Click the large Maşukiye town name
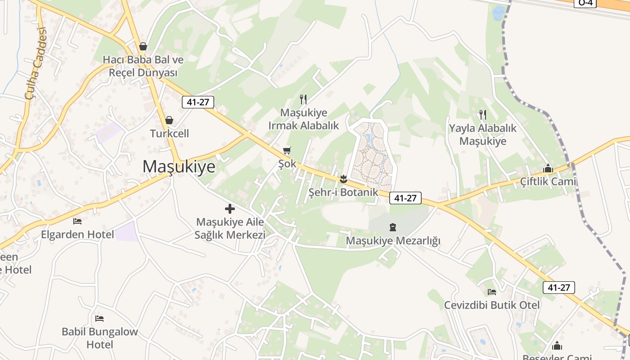[x=179, y=166]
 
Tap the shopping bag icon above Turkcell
[x=169, y=120]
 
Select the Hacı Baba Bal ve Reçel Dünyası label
[x=143, y=66]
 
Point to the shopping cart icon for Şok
[x=287, y=150]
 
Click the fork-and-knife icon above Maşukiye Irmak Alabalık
[x=303, y=99]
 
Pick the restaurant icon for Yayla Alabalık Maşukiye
[x=483, y=115]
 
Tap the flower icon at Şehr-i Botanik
[x=343, y=179]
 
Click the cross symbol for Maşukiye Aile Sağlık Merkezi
[x=230, y=209]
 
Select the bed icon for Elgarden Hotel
[x=77, y=221]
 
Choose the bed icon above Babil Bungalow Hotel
[x=99, y=319]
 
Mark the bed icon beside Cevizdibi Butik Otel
[x=492, y=292]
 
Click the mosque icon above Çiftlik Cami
[x=548, y=169]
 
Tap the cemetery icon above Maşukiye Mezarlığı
[x=393, y=227]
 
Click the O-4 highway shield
[x=585, y=3]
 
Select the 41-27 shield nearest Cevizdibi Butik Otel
[x=559, y=288]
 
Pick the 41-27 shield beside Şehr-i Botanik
[x=405, y=198]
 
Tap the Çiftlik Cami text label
[x=548, y=181]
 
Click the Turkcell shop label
[x=169, y=134]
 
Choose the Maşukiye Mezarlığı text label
[x=393, y=241]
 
